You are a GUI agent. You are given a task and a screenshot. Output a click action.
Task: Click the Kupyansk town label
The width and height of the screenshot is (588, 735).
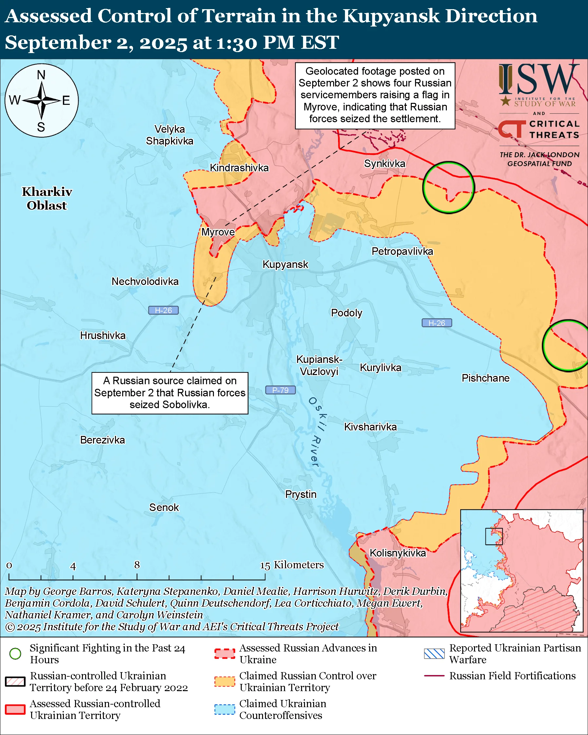285,265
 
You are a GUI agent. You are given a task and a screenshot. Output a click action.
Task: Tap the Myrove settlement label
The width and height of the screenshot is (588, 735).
218,232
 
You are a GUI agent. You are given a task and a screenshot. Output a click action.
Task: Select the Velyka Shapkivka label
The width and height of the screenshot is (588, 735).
169,135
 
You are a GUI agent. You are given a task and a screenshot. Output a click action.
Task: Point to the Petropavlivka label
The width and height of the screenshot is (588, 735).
402,251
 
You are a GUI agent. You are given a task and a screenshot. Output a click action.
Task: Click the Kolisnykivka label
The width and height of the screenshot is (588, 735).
397,553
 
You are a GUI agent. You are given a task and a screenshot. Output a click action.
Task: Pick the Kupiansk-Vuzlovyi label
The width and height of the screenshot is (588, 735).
319,365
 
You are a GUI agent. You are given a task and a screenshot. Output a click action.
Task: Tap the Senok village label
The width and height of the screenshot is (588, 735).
164,507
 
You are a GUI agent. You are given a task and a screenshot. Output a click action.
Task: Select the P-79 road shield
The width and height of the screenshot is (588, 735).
280,390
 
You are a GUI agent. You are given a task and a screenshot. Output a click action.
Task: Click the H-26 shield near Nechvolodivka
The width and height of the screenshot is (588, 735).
163,310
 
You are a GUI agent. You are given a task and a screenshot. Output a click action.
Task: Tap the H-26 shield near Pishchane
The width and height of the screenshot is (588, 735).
437,323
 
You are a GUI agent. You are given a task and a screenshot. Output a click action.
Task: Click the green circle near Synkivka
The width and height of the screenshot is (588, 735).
448,187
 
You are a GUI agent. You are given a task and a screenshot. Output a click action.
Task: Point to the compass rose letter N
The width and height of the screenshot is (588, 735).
41,75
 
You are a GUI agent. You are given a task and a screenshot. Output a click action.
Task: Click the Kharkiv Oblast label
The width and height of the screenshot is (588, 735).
47,198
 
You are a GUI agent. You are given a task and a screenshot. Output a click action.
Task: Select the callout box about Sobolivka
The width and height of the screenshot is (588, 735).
170,393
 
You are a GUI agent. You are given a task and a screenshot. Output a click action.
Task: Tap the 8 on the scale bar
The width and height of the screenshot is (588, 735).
137,565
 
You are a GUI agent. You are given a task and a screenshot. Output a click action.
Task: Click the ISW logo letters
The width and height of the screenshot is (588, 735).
539,80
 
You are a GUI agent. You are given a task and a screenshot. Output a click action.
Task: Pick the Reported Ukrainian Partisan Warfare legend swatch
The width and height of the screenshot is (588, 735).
434,653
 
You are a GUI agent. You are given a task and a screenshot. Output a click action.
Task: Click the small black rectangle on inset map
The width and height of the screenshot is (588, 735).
494,536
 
